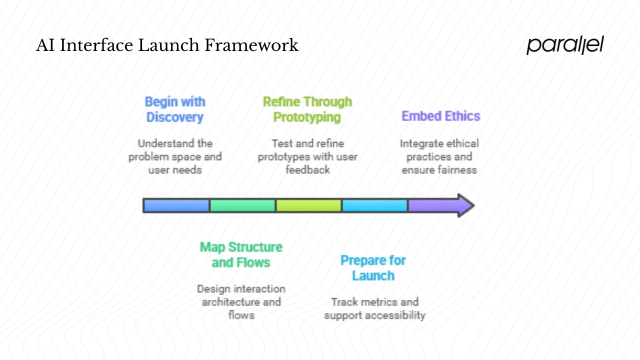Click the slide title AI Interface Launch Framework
pyautogui.click(x=167, y=45)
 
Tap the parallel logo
pyautogui.click(x=565, y=45)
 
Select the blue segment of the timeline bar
pyautogui.click(x=176, y=205)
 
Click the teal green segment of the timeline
pyautogui.click(x=242, y=205)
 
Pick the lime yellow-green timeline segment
pyautogui.click(x=308, y=205)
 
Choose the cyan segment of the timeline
pyautogui.click(x=374, y=205)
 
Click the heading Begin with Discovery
pyautogui.click(x=175, y=109)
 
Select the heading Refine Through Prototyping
pyautogui.click(x=307, y=109)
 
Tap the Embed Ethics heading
pyautogui.click(x=440, y=116)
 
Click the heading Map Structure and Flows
pyautogui.click(x=241, y=254)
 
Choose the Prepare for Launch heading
pyautogui.click(x=373, y=268)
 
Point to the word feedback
pyautogui.click(x=307, y=170)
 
